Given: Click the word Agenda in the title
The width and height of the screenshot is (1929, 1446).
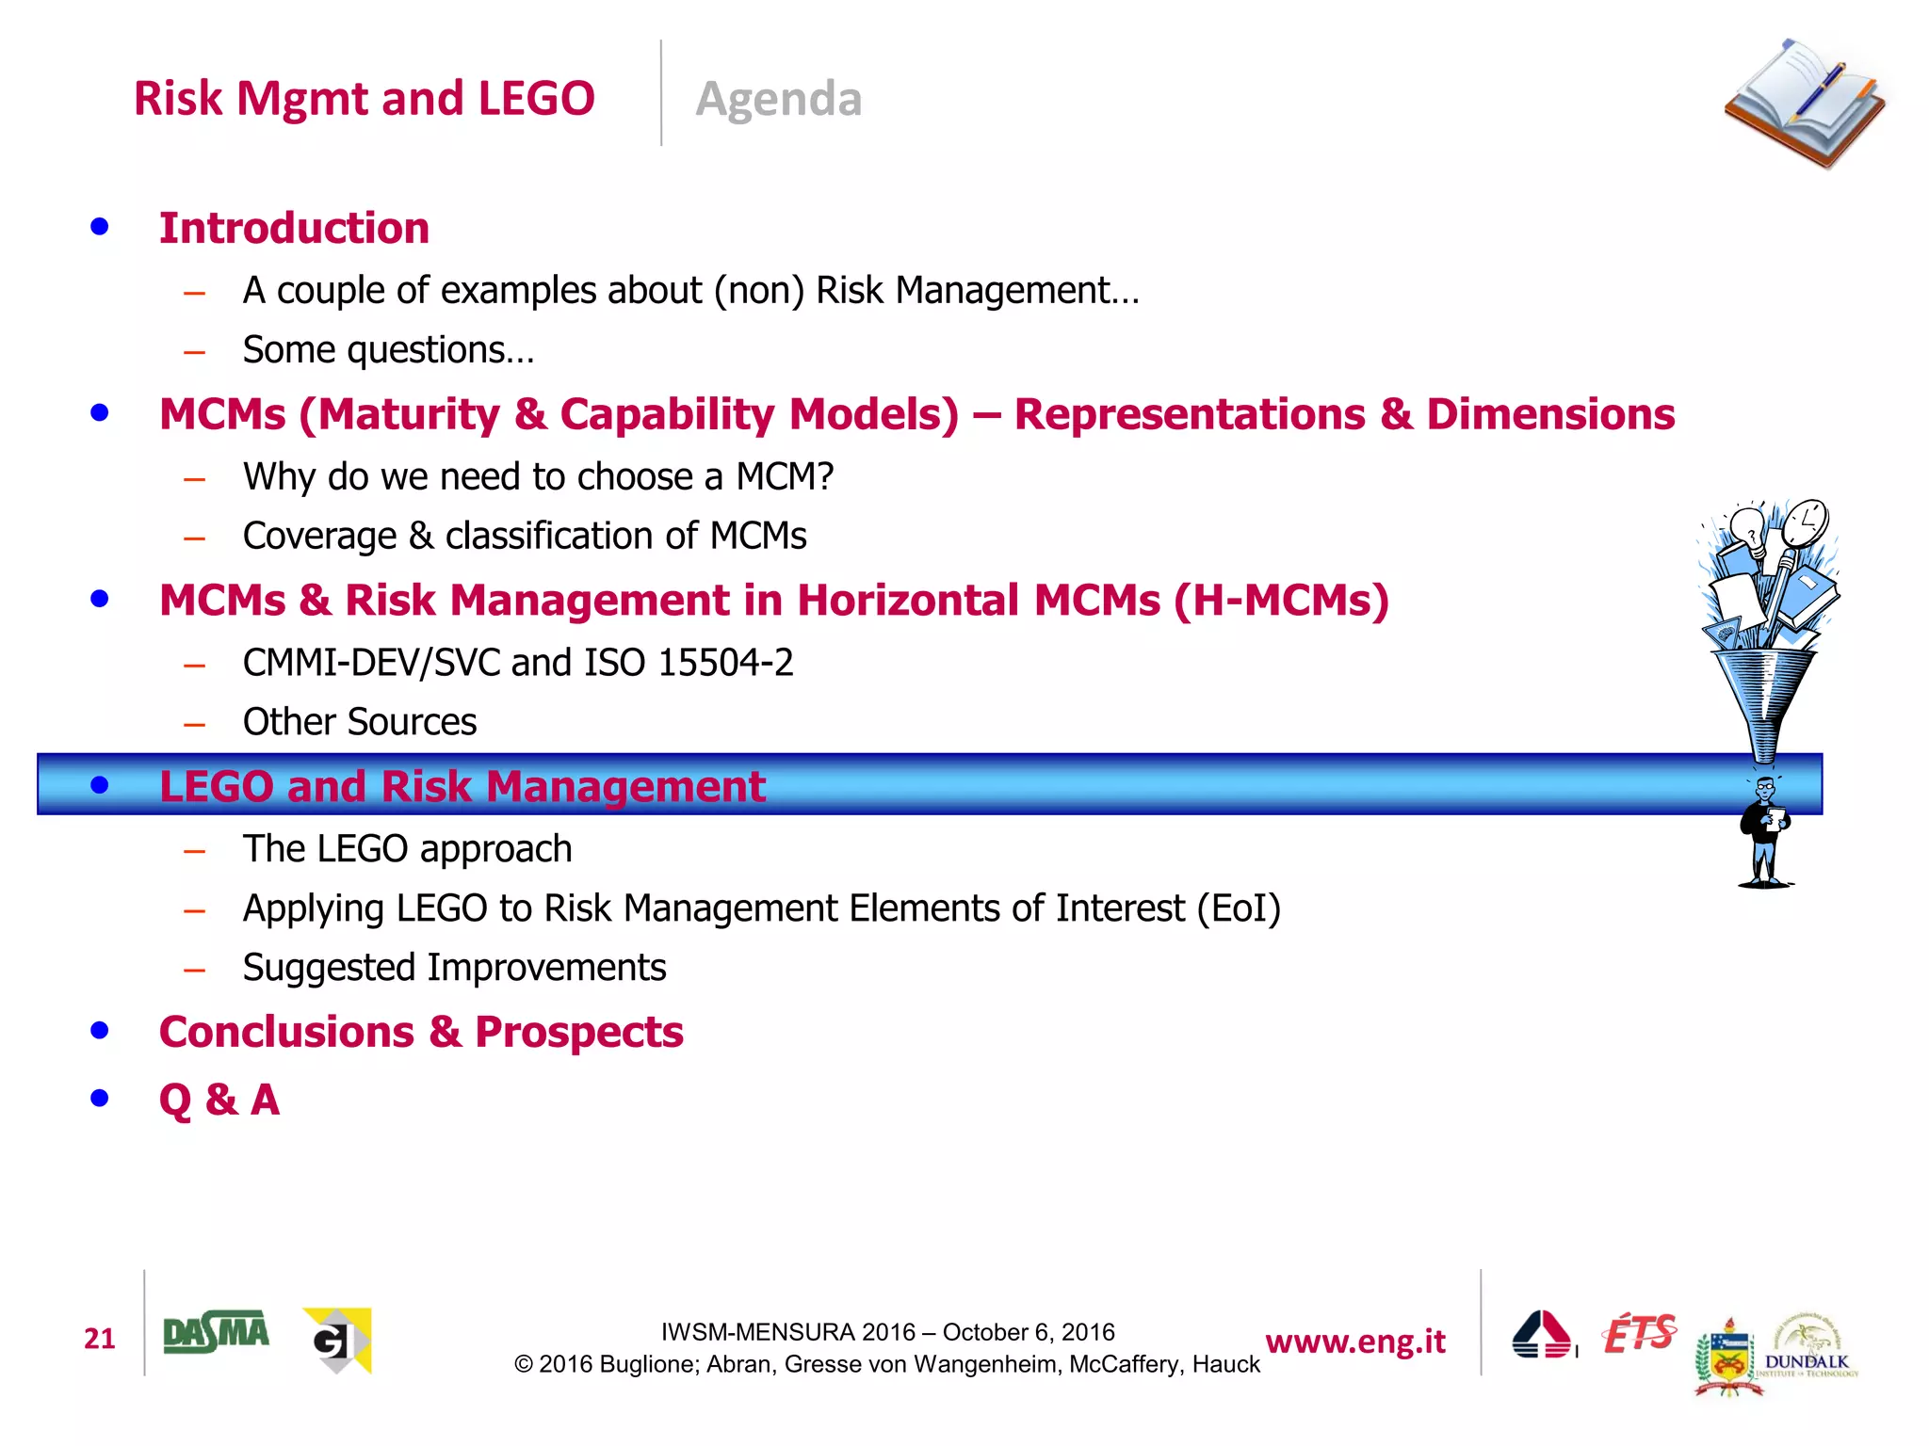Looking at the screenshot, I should point(778,99).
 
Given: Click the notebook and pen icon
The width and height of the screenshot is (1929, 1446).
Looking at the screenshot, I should point(1804,104).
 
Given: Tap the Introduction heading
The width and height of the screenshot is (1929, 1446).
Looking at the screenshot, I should point(294,228).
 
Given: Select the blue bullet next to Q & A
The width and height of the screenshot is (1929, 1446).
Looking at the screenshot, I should point(100,1098).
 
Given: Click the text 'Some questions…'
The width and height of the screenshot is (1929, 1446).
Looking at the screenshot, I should point(388,350).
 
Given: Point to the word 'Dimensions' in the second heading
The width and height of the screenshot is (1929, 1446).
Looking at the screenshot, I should point(1550,414).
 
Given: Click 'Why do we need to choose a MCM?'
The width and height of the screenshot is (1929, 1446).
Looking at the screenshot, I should point(538,476).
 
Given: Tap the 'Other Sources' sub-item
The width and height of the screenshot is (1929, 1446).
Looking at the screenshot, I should point(360,722).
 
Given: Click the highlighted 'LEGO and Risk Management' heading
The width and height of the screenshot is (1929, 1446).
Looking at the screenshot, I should point(462,786).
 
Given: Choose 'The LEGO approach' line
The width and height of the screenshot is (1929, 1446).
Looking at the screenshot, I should point(407,849).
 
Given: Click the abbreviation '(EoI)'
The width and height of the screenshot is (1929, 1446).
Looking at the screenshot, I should point(1239,908).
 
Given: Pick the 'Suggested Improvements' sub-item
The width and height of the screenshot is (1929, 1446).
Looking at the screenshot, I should point(454,968).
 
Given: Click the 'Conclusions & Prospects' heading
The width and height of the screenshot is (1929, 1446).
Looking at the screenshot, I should point(421,1032).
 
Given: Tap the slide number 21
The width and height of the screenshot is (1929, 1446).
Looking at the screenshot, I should point(99,1338).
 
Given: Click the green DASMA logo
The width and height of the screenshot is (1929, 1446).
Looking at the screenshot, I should point(216,1333).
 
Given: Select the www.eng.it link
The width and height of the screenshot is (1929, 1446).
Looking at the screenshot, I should point(1354,1342).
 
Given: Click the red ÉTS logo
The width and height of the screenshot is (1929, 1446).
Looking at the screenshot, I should point(1639,1333).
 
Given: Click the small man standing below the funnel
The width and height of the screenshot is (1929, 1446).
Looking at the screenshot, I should point(1765,833).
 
